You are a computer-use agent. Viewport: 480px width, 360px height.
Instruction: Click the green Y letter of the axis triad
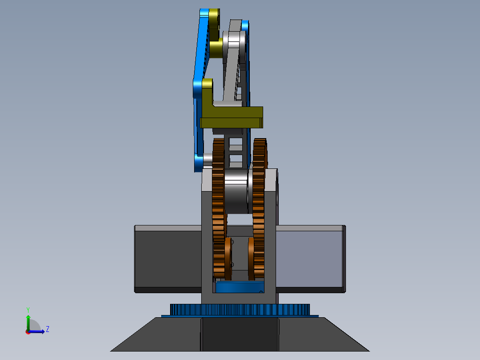point(28,310)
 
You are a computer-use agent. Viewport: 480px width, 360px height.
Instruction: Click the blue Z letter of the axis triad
point(48,329)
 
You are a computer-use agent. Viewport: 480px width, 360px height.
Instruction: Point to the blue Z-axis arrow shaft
point(36,331)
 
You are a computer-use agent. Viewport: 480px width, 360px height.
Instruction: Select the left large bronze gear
point(218,209)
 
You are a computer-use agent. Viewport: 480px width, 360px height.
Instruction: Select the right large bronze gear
point(259,209)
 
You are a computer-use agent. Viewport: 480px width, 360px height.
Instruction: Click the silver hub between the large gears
point(236,191)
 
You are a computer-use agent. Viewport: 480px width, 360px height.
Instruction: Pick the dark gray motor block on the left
point(168,259)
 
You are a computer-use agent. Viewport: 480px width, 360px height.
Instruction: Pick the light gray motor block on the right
point(310,259)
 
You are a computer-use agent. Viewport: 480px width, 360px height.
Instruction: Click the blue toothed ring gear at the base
point(240,310)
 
